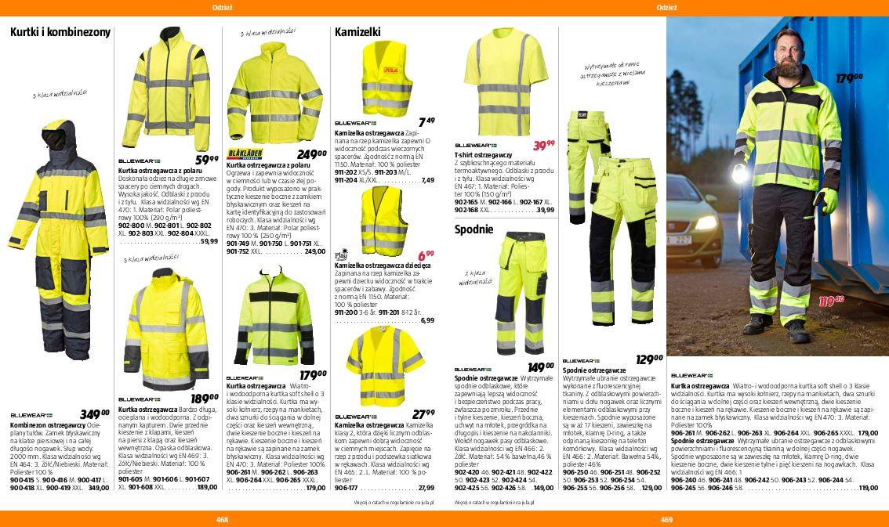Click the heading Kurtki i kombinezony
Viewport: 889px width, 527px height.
click(x=60, y=33)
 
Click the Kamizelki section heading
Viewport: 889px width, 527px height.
click(x=357, y=33)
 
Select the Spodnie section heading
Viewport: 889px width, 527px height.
click(x=474, y=229)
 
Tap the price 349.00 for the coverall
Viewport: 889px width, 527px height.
click(x=95, y=413)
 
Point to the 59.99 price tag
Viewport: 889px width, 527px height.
click(x=206, y=160)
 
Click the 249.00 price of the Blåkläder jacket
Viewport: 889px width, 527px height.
click(x=311, y=154)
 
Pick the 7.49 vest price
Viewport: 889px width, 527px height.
click(x=426, y=121)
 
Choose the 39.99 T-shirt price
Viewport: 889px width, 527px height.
click(x=543, y=145)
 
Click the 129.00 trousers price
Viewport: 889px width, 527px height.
click(x=648, y=359)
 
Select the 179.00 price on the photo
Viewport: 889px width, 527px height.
click(x=848, y=78)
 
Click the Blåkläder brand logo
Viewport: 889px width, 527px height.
click(x=244, y=153)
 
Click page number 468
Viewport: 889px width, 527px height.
click(x=222, y=519)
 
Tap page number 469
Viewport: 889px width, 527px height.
click(x=666, y=519)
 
